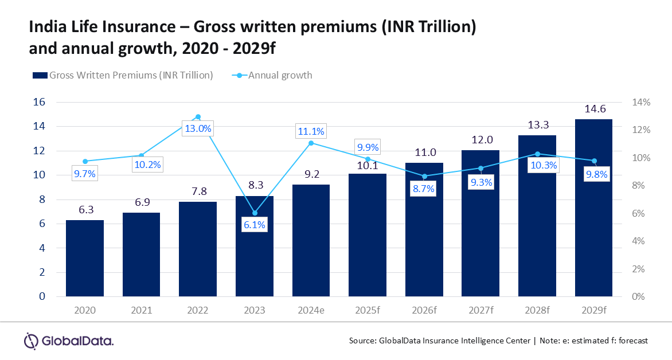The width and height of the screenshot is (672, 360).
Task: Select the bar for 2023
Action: pos(255,246)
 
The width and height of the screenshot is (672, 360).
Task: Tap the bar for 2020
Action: pos(85,258)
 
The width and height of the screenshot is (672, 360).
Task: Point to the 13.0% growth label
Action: pos(198,128)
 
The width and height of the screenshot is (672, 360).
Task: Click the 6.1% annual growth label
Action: pos(255,225)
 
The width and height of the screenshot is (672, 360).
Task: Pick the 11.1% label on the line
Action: pos(311,131)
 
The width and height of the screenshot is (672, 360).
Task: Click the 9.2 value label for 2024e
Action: pos(311,174)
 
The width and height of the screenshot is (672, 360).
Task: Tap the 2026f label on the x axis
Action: pos(424,311)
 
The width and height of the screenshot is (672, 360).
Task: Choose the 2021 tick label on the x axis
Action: pos(142,311)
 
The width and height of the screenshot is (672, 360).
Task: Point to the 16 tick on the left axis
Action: pos(40,102)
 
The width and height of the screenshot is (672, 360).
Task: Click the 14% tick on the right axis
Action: pos(641,102)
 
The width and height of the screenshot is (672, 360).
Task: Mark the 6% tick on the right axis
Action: pos(641,213)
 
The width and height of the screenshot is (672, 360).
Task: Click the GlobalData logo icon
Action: pos(31,341)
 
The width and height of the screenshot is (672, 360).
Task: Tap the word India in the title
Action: pos(48,26)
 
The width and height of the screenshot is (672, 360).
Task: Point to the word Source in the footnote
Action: pos(362,341)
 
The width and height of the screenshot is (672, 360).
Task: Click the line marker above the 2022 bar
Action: pos(198,117)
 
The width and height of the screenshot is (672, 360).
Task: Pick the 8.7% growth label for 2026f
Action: pos(424,188)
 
